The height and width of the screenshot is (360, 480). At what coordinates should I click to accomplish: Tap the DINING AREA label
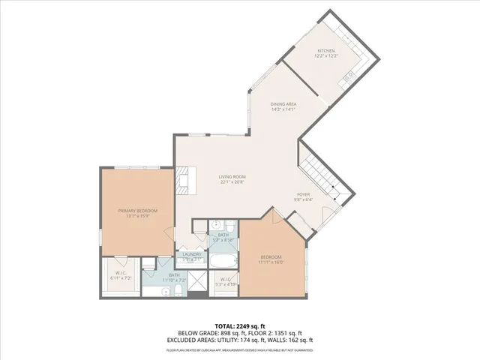pyautogui.click(x=283, y=103)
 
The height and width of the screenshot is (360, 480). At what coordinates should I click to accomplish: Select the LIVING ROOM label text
pyautogui.click(x=232, y=176)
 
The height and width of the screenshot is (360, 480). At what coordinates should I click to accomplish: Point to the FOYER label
pyautogui.click(x=302, y=194)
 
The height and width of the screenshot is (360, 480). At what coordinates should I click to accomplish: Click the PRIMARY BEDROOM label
pyautogui.click(x=138, y=211)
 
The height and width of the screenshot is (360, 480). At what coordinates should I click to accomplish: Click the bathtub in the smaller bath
pyautogui.click(x=223, y=262)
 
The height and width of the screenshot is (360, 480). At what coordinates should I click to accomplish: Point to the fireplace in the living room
pyautogui.click(x=181, y=181)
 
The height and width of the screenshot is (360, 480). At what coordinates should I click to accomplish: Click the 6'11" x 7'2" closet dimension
pyautogui.click(x=121, y=277)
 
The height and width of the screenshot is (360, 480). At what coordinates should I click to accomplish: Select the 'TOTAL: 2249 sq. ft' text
pyautogui.click(x=240, y=326)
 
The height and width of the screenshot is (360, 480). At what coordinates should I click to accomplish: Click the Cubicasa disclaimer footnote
pyautogui.click(x=240, y=349)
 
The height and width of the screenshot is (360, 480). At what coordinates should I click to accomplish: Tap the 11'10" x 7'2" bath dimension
pyautogui.click(x=174, y=280)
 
